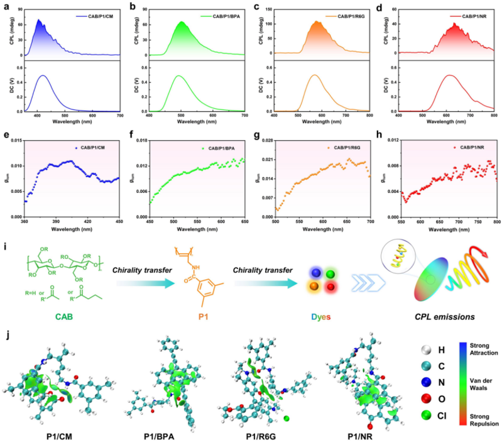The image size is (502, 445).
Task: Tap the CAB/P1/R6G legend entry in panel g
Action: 350,148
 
